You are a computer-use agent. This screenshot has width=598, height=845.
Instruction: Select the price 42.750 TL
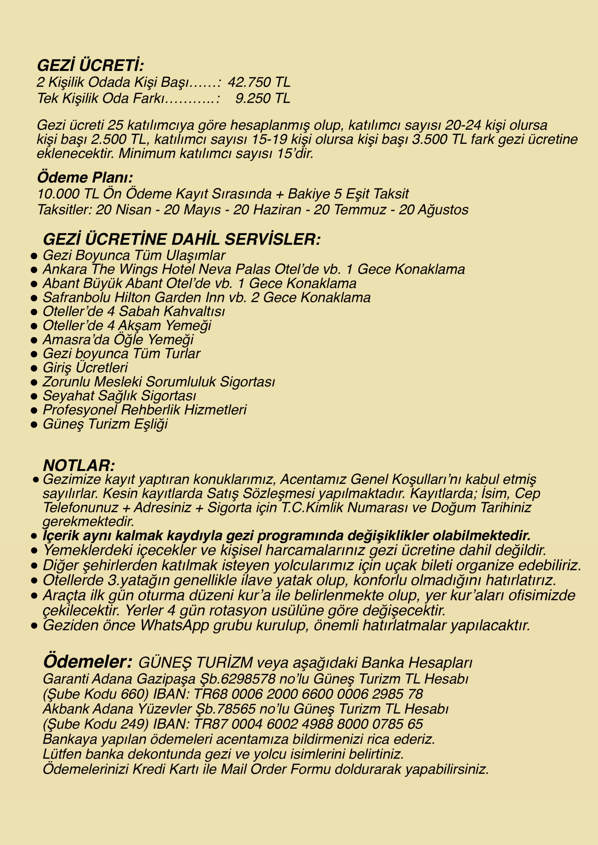(x=259, y=82)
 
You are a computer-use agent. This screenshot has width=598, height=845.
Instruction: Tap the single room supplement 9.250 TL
(x=263, y=98)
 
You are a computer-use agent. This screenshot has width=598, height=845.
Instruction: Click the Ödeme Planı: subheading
(x=85, y=177)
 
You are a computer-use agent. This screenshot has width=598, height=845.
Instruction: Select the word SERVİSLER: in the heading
(x=272, y=240)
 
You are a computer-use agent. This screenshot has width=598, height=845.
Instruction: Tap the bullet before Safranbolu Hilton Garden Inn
(x=34, y=298)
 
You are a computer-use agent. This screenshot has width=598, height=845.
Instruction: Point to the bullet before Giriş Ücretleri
(x=34, y=368)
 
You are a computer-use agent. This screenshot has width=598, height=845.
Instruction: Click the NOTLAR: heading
(x=79, y=465)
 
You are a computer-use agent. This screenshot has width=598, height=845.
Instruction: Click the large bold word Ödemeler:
(x=88, y=661)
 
